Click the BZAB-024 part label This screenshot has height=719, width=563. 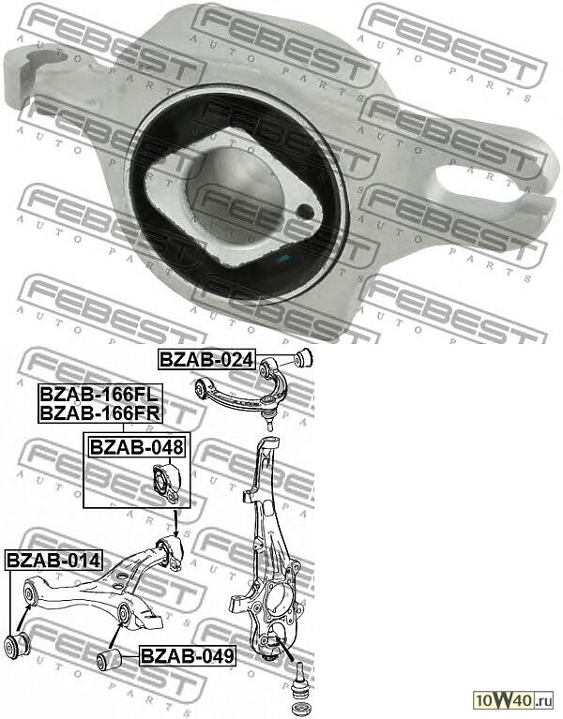(205, 359)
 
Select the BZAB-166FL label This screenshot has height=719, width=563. (99, 395)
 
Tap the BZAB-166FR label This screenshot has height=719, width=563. (99, 412)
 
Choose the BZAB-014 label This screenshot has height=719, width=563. (53, 561)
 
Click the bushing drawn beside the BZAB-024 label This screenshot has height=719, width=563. (304, 358)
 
